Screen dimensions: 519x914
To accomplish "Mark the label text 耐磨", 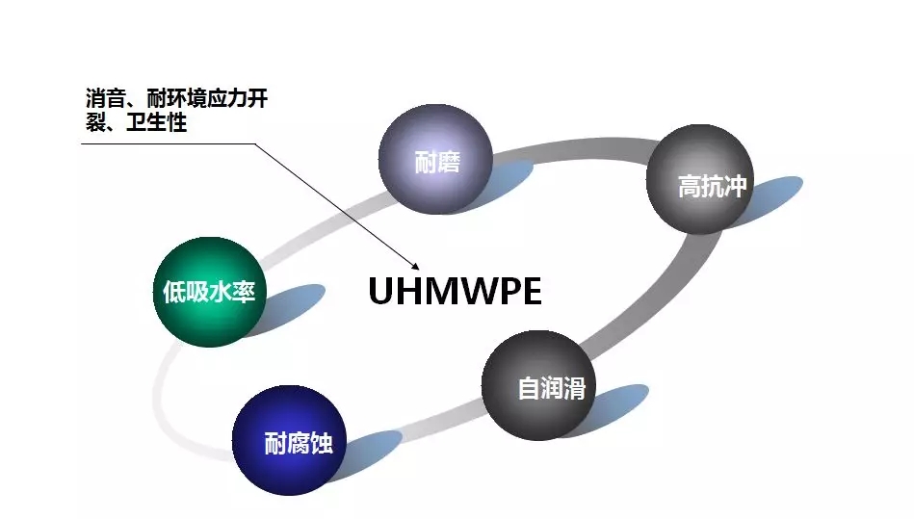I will (x=437, y=162).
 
